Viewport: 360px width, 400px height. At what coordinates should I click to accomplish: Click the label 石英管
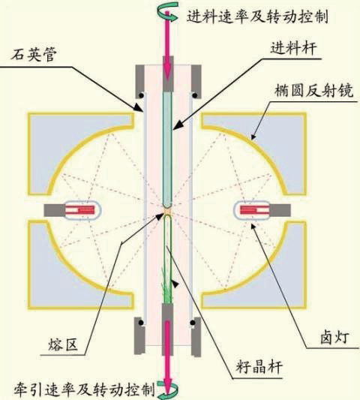click(x=33, y=54)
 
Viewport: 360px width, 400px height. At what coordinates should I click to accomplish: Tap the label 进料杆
click(x=293, y=48)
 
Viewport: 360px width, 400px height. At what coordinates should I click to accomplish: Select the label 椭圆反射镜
click(x=314, y=90)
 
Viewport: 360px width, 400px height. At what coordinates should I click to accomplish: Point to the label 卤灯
click(x=334, y=337)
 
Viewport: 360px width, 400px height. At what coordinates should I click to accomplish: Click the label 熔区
click(x=63, y=345)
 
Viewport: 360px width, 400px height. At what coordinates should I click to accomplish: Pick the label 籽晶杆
click(x=259, y=367)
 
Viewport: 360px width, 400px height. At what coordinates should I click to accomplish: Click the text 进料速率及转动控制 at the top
click(x=257, y=17)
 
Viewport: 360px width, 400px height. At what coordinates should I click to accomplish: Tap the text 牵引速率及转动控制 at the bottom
click(x=85, y=389)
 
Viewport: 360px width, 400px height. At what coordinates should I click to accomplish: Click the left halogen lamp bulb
click(x=82, y=210)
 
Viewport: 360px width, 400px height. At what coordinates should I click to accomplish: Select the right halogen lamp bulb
click(x=253, y=210)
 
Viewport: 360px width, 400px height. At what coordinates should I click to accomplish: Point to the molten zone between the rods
click(x=167, y=212)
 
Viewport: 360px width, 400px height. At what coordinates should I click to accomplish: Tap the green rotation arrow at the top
click(x=167, y=11)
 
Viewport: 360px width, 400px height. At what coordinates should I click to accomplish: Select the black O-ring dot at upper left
click(x=140, y=95)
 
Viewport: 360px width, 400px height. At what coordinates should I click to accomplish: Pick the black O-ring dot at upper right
click(x=195, y=95)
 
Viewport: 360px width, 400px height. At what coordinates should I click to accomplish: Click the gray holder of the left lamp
click(x=54, y=210)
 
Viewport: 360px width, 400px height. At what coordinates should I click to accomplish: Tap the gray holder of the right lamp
click(x=280, y=210)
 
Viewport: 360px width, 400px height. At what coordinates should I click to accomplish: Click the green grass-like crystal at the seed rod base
click(x=167, y=286)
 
